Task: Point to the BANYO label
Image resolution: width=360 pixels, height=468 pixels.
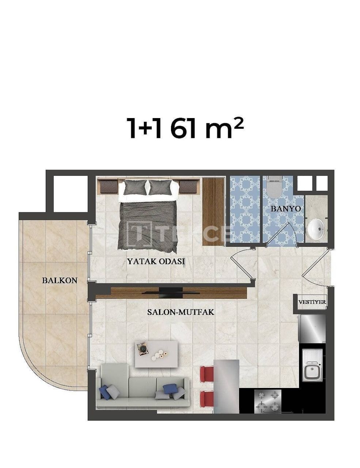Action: tap(285, 208)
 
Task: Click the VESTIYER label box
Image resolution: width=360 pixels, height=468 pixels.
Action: tap(312, 302)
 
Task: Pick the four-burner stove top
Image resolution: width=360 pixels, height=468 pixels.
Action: tap(268, 401)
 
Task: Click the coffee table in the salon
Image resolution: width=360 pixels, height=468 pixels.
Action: tap(156, 354)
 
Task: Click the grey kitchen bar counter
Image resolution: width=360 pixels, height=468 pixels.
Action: tap(226, 384)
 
